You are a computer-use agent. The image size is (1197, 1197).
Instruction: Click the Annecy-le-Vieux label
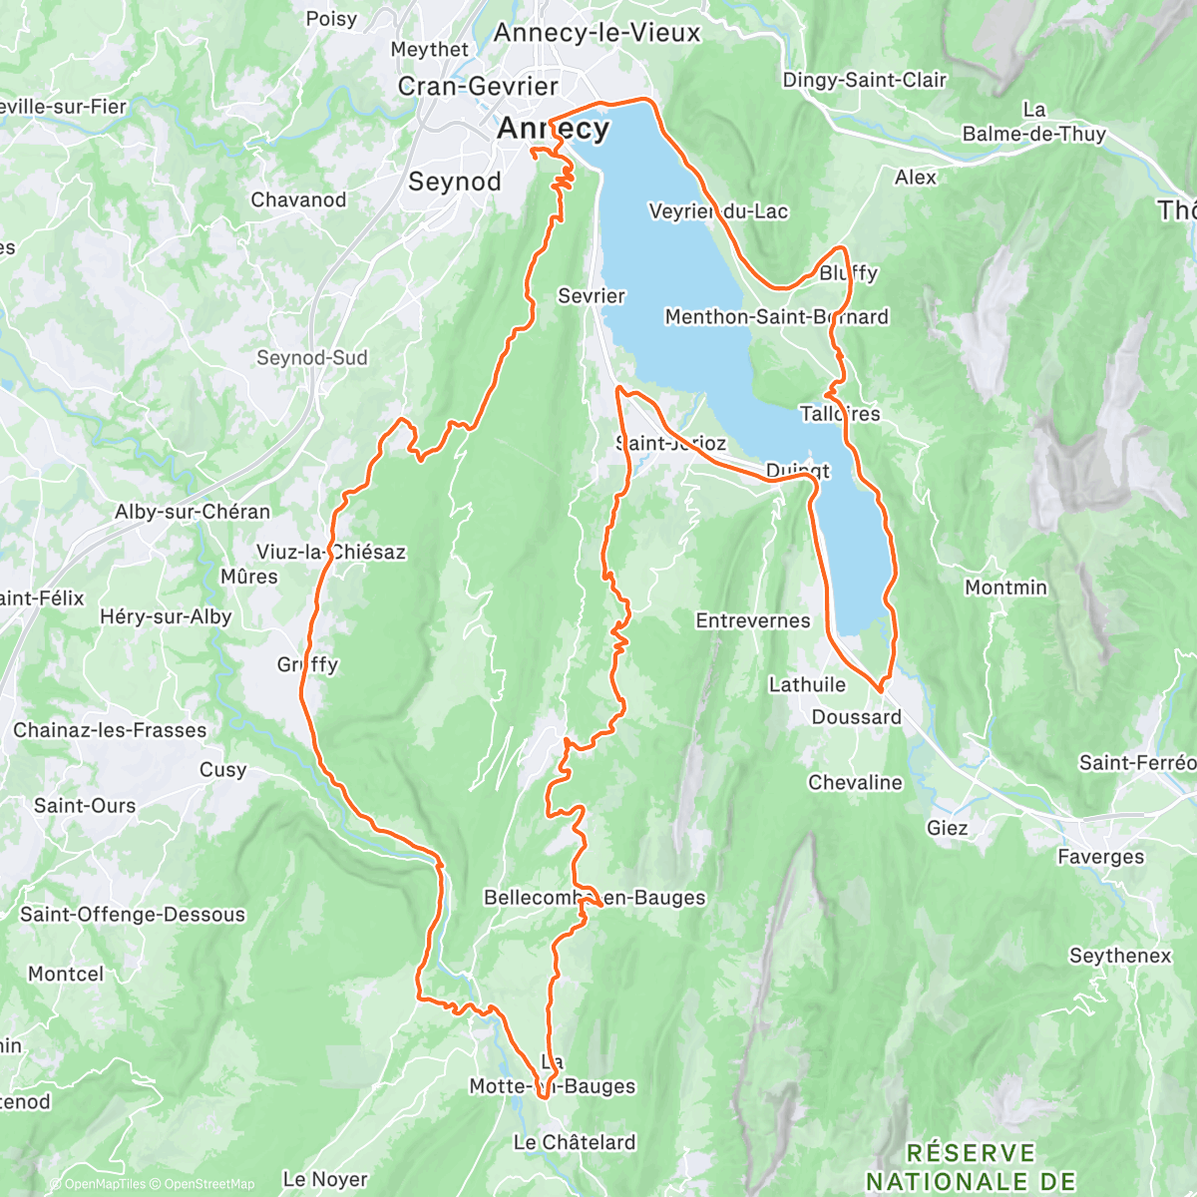click(597, 33)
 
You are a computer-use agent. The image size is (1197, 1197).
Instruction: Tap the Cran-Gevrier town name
click(477, 87)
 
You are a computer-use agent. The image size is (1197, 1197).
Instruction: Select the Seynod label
click(455, 182)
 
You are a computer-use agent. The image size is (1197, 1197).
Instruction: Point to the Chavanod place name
click(298, 200)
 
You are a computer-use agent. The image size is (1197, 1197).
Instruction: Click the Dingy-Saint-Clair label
click(864, 80)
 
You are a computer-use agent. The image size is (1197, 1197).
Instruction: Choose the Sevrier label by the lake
click(592, 296)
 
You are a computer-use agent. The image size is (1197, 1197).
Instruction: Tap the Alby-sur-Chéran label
click(193, 512)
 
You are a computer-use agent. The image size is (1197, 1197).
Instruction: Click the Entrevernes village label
click(753, 621)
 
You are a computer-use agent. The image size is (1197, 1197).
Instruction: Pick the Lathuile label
click(807, 685)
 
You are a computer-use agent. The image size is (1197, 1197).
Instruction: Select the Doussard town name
click(856, 717)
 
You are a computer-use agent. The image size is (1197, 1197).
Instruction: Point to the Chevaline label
click(855, 783)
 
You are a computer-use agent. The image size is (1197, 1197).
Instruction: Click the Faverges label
click(1100, 857)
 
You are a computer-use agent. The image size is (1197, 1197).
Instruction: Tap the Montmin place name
click(1005, 588)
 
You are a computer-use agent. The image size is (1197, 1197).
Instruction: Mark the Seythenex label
click(1120, 956)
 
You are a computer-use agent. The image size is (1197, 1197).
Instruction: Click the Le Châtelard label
click(574, 1143)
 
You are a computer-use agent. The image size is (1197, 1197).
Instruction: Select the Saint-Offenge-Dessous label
click(133, 915)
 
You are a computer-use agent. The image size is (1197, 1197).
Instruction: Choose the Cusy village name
click(222, 770)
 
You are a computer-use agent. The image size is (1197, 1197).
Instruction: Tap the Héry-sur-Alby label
click(166, 617)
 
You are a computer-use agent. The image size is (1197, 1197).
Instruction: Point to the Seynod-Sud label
click(312, 358)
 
